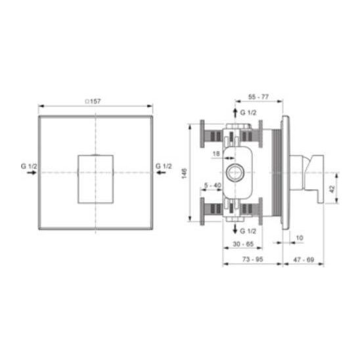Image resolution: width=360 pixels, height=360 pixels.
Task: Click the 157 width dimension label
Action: (x=95, y=101)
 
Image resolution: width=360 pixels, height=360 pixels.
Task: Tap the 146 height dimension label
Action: (x=184, y=173)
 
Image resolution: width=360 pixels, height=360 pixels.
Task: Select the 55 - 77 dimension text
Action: (x=258, y=97)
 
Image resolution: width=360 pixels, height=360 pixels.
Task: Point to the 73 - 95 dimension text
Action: (x=252, y=259)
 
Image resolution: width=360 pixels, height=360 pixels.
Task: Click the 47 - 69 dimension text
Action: (x=304, y=259)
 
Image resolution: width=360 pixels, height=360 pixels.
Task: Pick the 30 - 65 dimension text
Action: (x=243, y=244)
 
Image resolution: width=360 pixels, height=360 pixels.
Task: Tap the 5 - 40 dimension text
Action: (x=213, y=185)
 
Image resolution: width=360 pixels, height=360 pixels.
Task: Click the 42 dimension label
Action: (x=332, y=189)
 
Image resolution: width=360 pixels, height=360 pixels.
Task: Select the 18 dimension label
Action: (x=216, y=154)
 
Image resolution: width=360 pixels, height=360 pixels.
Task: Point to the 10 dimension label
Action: (x=300, y=238)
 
